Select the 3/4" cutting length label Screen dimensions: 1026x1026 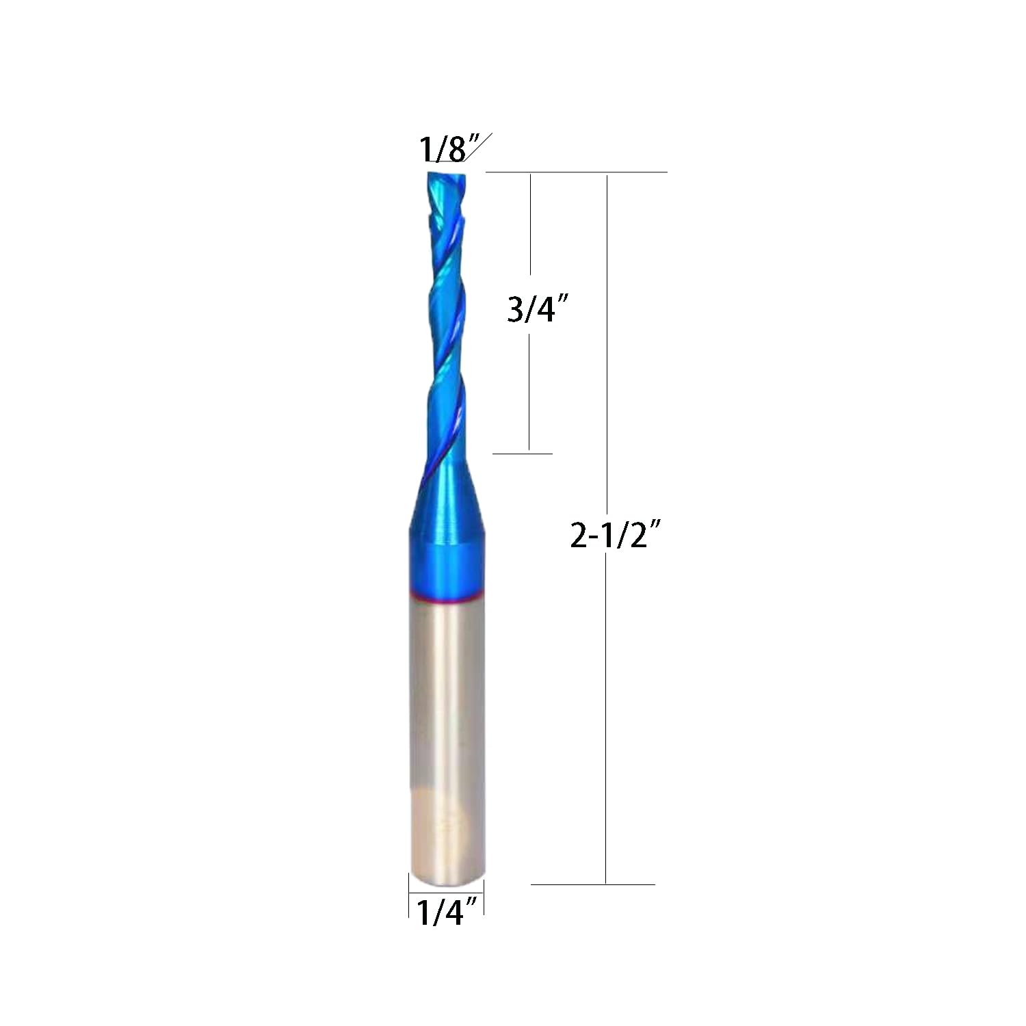coord(538,309)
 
